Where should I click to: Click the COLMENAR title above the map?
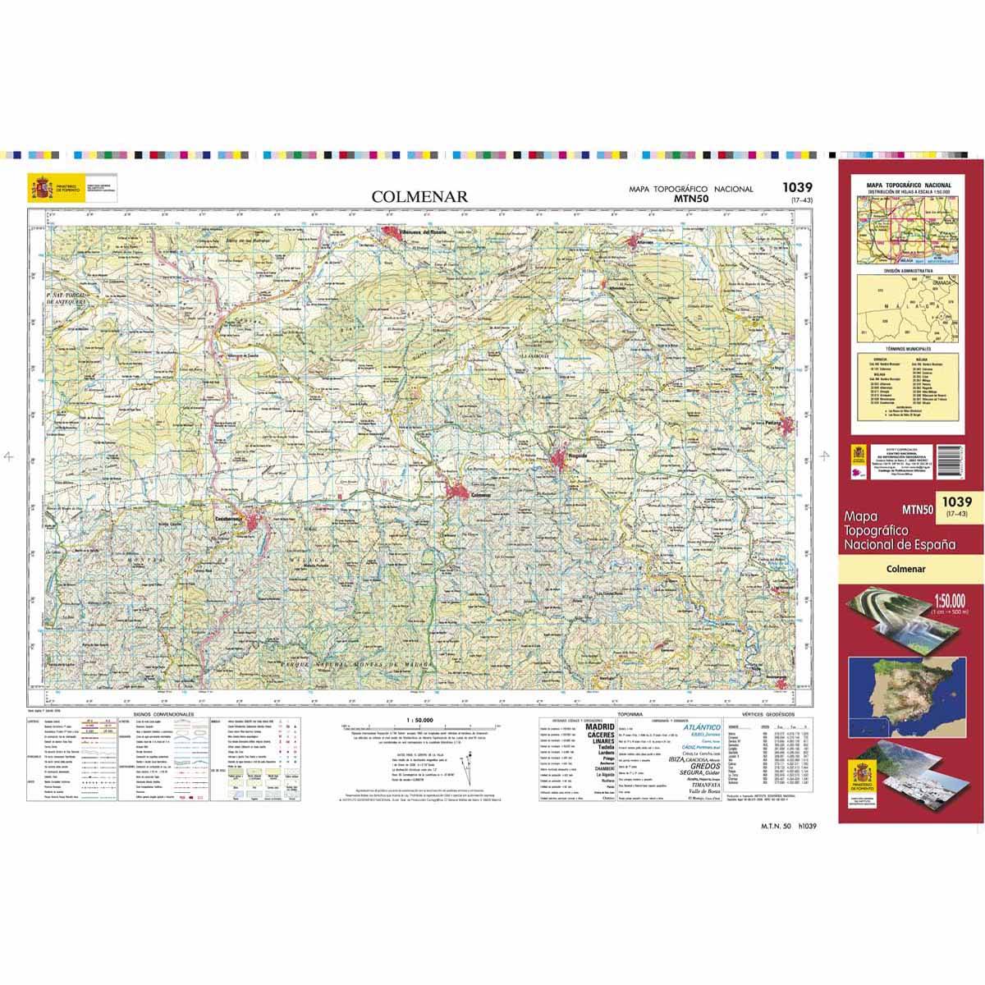(x=419, y=197)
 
